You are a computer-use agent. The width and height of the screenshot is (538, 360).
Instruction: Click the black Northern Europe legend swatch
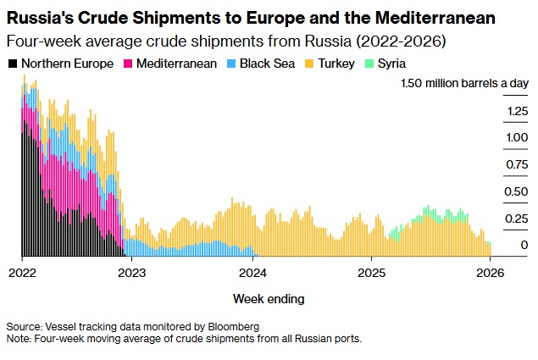click(x=12, y=64)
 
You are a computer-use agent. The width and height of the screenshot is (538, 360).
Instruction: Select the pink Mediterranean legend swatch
click(x=128, y=64)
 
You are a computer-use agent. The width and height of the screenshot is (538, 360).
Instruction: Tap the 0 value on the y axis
click(x=501, y=245)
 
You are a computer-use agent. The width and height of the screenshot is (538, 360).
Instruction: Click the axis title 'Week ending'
click(x=269, y=299)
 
